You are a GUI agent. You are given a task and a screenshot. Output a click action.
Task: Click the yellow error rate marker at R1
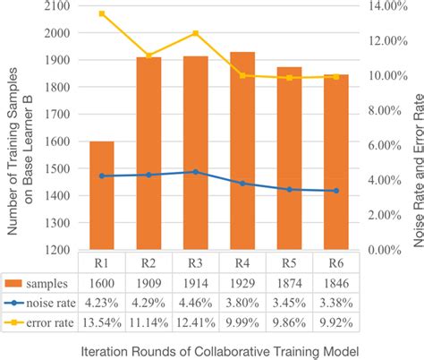tap(101, 14)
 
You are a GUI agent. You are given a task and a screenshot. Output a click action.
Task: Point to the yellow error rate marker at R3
tap(195, 34)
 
